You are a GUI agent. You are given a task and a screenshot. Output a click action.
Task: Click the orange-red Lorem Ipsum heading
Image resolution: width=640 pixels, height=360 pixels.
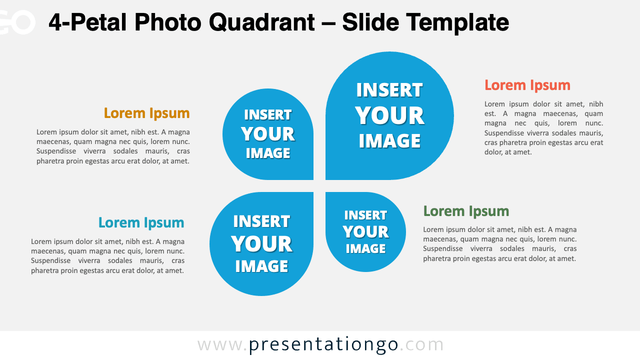point(527,85)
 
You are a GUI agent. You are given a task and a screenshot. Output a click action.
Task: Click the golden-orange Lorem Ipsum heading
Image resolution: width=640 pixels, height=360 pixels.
point(146,113)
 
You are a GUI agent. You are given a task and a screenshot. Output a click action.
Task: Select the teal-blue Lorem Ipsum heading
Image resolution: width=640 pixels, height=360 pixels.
point(141,222)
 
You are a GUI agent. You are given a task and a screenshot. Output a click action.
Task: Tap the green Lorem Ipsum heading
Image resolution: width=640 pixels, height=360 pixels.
point(466,211)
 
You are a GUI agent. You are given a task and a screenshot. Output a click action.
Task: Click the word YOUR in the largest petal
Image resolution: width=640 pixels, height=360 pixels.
point(389,116)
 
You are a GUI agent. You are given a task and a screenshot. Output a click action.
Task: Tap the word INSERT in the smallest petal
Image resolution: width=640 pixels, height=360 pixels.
point(365,215)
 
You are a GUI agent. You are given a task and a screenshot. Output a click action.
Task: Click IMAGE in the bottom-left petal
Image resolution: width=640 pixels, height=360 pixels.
point(261,266)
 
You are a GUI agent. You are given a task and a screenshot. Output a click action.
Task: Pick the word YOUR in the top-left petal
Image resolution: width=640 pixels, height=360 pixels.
point(267,134)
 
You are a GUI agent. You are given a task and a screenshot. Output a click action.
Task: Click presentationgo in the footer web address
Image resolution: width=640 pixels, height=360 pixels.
point(323,344)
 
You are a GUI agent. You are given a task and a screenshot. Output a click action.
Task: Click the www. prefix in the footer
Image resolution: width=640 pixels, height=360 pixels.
point(222,344)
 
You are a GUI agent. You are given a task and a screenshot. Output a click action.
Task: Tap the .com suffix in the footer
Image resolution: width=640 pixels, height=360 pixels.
point(422,344)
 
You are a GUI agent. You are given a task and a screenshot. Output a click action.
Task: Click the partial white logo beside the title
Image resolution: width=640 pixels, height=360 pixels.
point(17,22)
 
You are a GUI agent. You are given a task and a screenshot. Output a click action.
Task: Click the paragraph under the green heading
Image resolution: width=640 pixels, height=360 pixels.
point(499,244)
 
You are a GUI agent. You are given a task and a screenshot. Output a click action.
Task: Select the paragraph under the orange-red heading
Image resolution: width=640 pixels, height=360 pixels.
point(543,128)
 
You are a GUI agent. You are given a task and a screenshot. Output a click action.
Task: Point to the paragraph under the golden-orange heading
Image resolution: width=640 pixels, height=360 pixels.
point(113,146)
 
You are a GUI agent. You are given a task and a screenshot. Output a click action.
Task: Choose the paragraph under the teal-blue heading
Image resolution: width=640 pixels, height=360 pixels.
point(107,256)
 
